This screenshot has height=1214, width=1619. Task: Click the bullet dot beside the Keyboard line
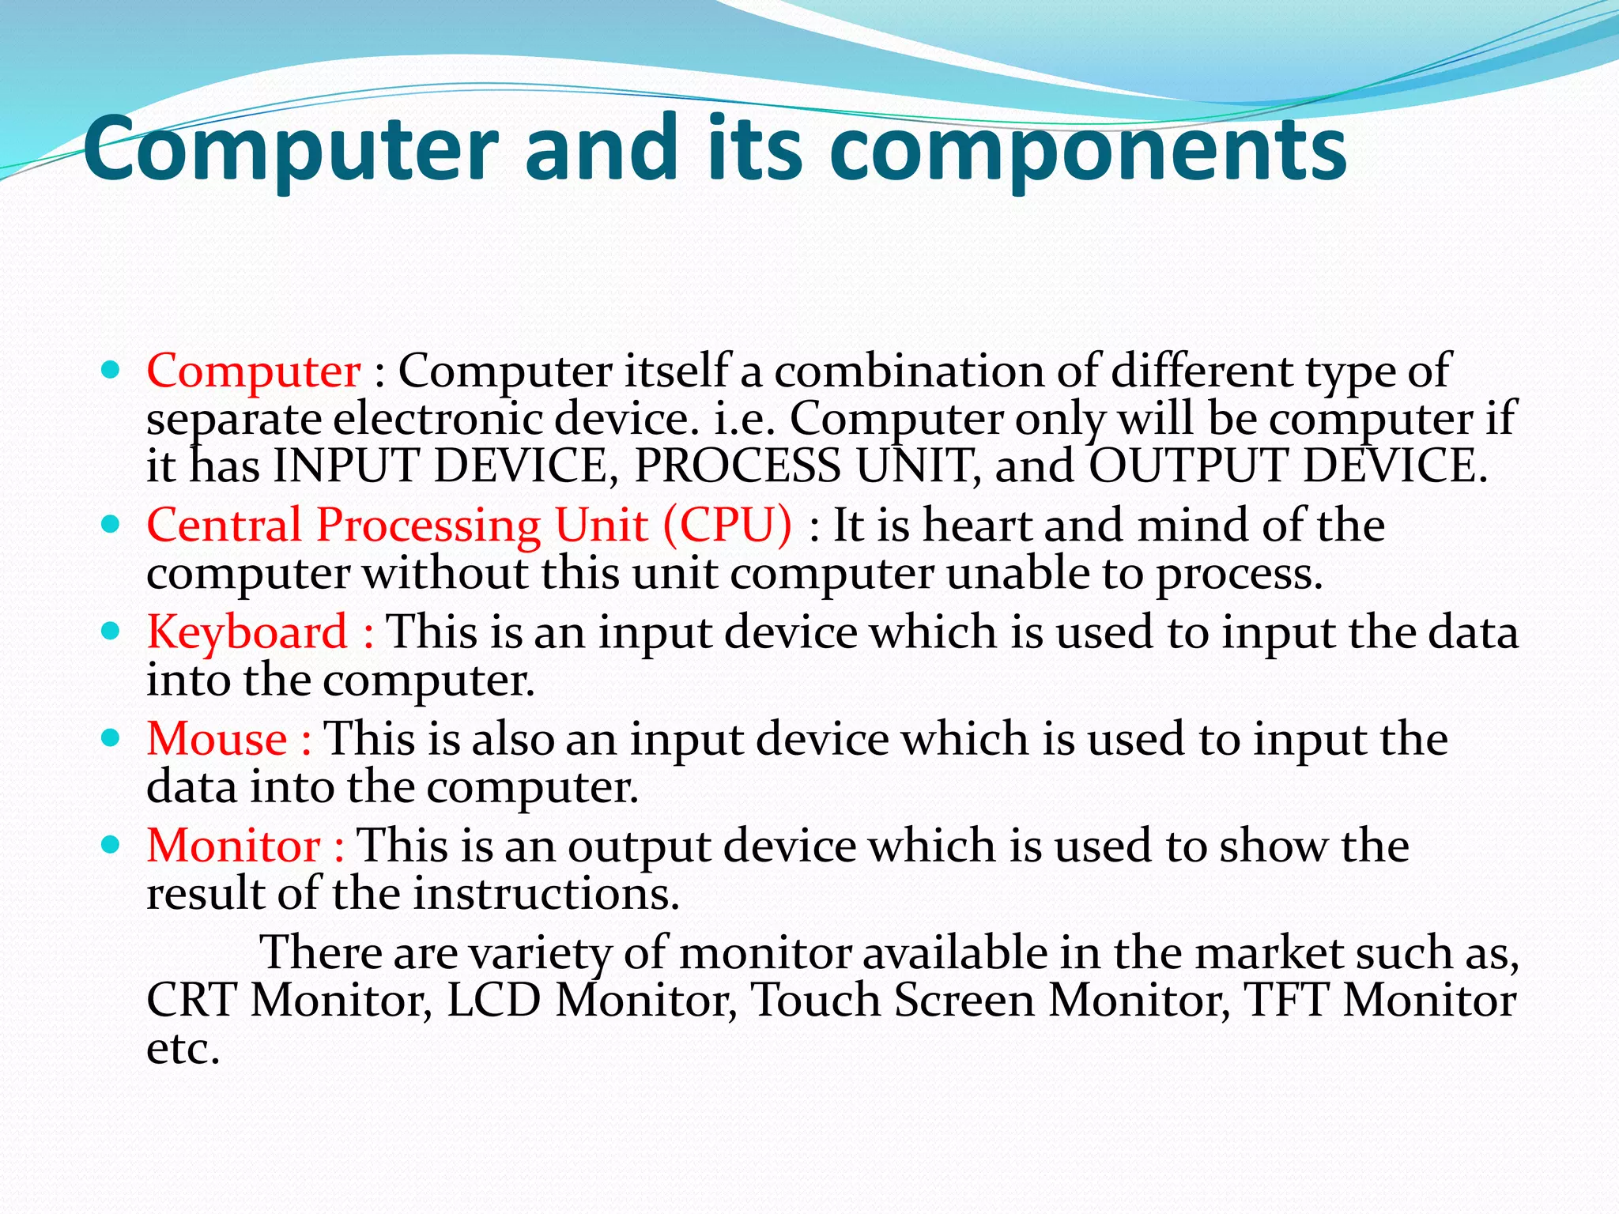point(111,632)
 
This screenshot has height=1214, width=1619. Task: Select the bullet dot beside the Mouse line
point(111,738)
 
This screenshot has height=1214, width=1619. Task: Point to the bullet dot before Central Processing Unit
point(111,525)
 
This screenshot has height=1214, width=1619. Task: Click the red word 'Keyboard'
point(247,633)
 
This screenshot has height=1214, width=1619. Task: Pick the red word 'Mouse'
point(217,740)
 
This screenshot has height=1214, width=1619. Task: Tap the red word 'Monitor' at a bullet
point(233,846)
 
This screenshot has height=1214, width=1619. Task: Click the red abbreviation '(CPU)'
point(727,526)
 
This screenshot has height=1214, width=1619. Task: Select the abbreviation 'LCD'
point(494,1001)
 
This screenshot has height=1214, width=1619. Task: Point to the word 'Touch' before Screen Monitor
point(815,1001)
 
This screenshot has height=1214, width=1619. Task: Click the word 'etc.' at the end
point(183,1050)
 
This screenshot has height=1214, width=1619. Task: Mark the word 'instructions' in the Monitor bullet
point(546,895)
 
